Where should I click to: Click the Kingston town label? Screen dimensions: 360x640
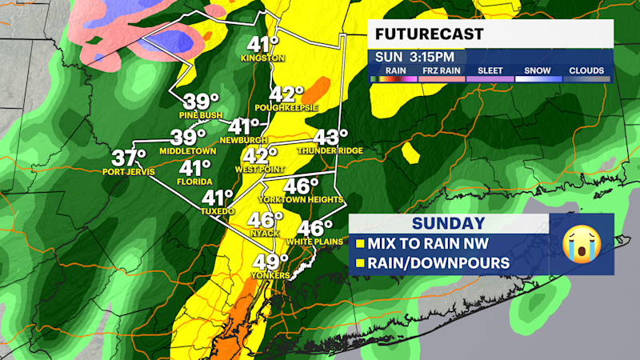click(x=267, y=58)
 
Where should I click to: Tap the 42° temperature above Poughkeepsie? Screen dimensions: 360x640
click(x=287, y=94)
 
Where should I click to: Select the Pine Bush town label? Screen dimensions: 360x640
click(x=202, y=115)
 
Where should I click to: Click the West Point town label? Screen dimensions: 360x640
click(x=259, y=170)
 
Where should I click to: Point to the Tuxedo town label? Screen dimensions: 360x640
click(x=217, y=210)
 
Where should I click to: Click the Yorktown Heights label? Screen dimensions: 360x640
click(x=302, y=199)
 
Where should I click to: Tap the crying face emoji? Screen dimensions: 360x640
click(x=581, y=244)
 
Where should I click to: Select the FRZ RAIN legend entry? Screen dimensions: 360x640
click(x=441, y=70)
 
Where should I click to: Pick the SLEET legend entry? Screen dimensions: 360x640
click(x=490, y=70)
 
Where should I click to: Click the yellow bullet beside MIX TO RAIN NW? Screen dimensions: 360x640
click(x=360, y=242)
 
